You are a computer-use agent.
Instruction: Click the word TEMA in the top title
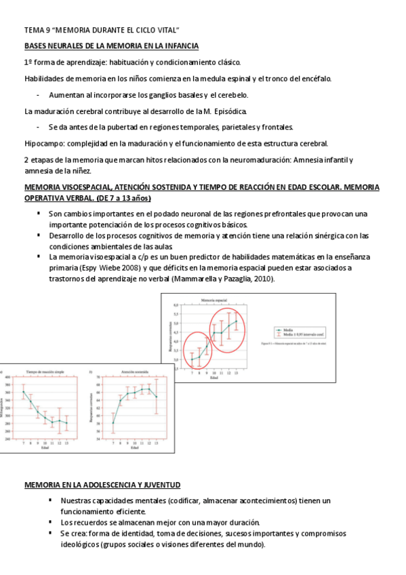pyautogui.click(x=33, y=31)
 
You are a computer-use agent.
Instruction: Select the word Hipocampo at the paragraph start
pyautogui.click(x=43, y=143)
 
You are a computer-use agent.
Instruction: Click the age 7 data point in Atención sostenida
pyautogui.click(x=113, y=422)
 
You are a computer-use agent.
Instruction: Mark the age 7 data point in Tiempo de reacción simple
pyautogui.click(x=24, y=391)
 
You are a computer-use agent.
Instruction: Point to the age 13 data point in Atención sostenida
pyautogui.click(x=157, y=397)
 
